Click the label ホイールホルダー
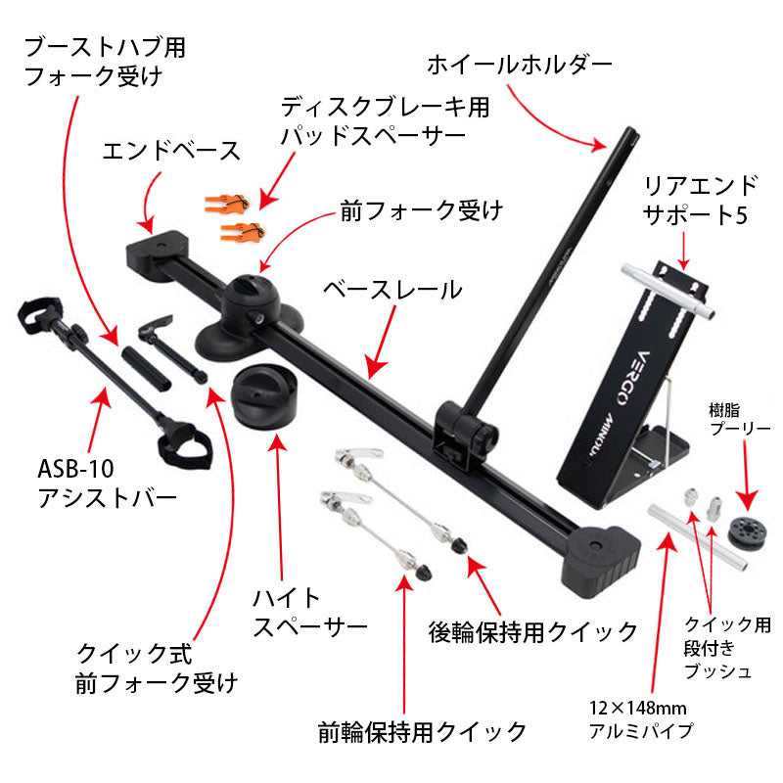pos(519,66)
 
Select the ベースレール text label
pos(391,289)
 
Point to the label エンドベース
pos(171,150)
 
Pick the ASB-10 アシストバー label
pos(106,483)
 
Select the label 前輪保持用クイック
pos(422,730)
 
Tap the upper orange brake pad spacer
pos(227,202)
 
